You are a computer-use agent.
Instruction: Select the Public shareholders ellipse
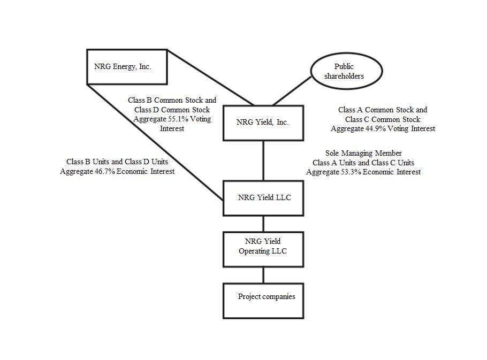(x=347, y=71)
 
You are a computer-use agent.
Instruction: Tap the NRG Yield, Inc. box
(x=263, y=122)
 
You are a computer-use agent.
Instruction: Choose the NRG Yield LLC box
(x=263, y=197)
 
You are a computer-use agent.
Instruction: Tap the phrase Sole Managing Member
(x=363, y=154)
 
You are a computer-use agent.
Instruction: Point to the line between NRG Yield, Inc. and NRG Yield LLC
(x=263, y=160)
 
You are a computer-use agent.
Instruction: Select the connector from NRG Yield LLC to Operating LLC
(x=263, y=223)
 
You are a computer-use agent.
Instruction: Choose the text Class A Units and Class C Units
(x=363, y=163)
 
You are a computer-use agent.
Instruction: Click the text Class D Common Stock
(x=172, y=110)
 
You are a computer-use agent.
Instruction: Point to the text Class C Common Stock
(x=383, y=119)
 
